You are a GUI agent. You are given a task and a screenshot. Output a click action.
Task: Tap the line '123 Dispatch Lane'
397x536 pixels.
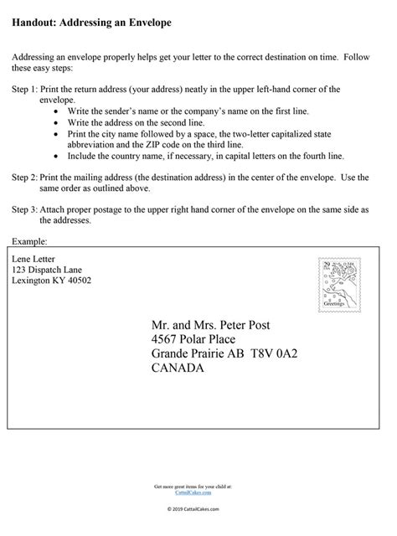[x=48, y=270]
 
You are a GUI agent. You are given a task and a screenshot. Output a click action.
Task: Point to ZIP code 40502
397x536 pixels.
[x=77, y=281]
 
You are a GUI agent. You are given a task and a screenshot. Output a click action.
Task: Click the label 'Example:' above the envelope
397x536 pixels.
[x=29, y=240]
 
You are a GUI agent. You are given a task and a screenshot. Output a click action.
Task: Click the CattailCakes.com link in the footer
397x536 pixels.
[x=198, y=492]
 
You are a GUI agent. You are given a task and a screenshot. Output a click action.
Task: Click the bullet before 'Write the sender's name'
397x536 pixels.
[x=56, y=110]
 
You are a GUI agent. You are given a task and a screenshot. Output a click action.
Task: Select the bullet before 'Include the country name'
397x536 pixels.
[x=56, y=154]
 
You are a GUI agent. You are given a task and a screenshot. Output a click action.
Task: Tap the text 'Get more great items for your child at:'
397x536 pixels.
[x=198, y=486]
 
